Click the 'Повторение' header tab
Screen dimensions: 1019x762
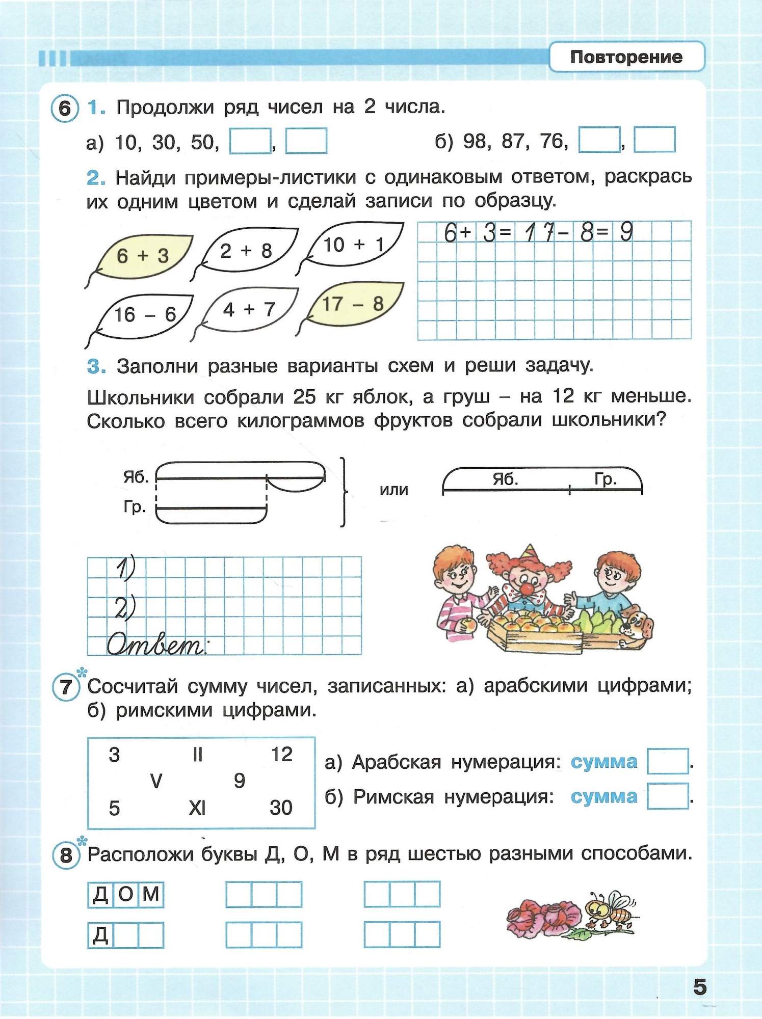click(x=626, y=57)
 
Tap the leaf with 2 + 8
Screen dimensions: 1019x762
click(x=247, y=251)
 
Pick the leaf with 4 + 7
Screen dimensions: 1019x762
click(x=249, y=309)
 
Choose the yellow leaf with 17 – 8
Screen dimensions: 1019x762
click(x=353, y=304)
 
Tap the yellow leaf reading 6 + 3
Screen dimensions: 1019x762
click(x=142, y=256)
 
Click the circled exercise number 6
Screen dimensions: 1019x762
click(x=65, y=108)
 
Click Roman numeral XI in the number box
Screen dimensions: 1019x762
click(x=197, y=808)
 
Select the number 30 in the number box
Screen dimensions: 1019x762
click(x=281, y=808)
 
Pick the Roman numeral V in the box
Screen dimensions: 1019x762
click(x=156, y=781)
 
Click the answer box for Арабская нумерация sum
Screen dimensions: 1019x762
click(x=668, y=761)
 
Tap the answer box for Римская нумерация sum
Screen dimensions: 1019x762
click(x=668, y=796)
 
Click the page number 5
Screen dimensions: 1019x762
click(x=700, y=987)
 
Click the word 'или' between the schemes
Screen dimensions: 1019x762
click(x=394, y=490)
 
